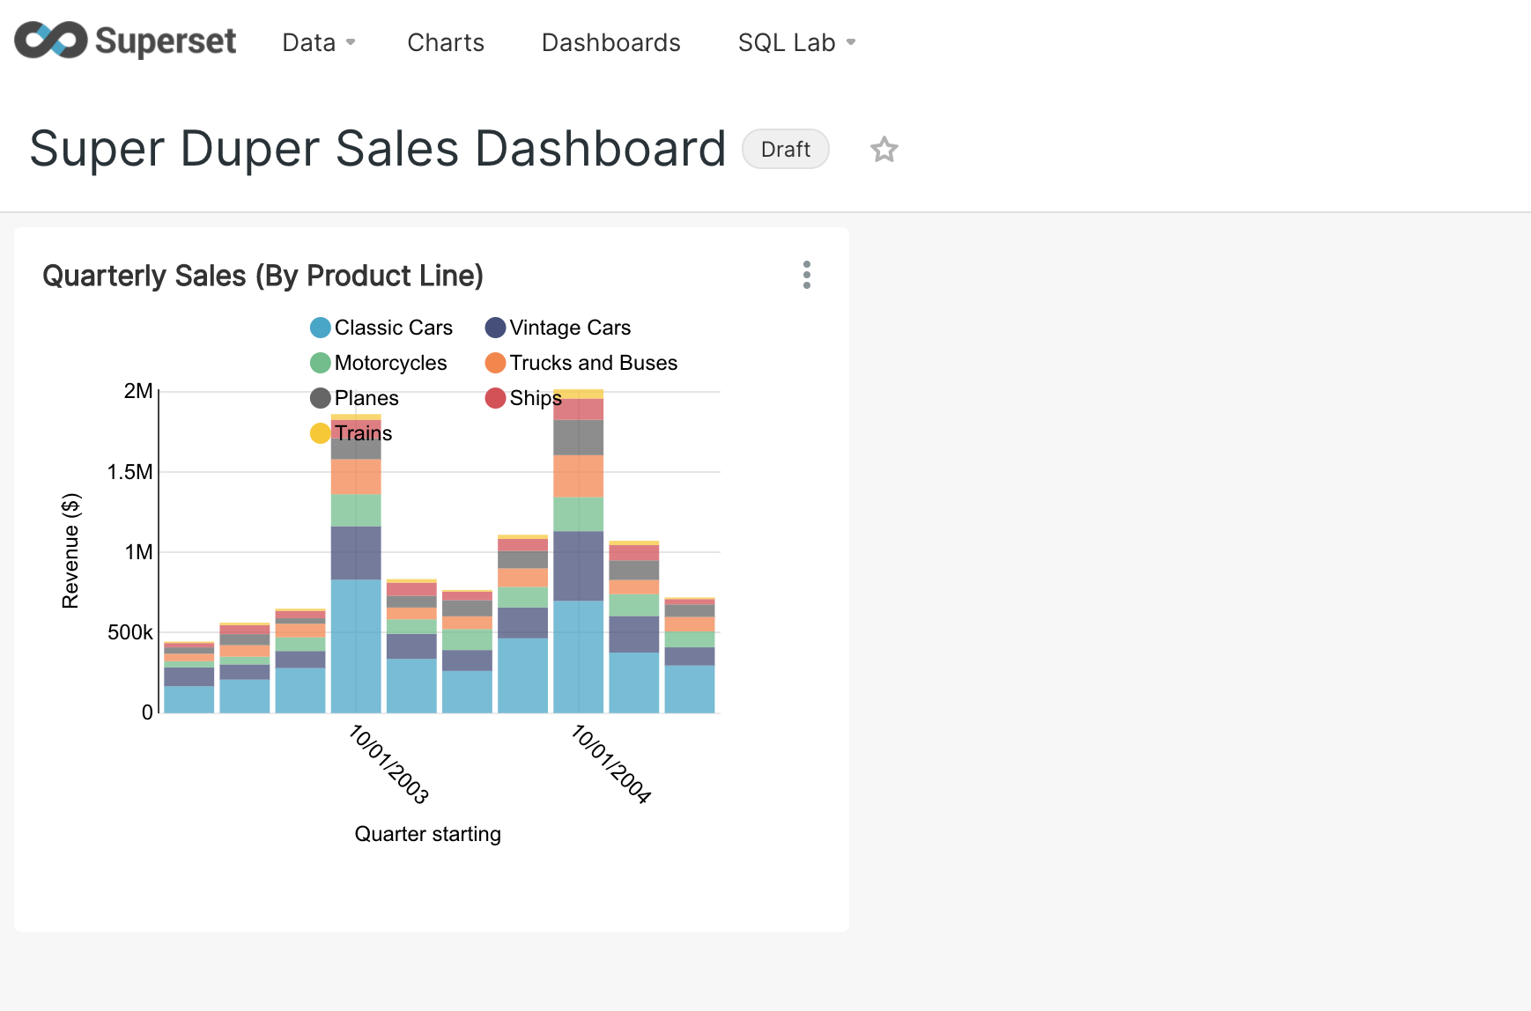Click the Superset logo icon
pyautogui.click(x=51, y=41)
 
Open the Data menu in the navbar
pyautogui.click(x=318, y=42)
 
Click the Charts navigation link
pyautogui.click(x=446, y=42)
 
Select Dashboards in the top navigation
pyautogui.click(x=610, y=42)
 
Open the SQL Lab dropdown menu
pyautogui.click(x=796, y=42)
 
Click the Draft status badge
pyautogui.click(x=785, y=150)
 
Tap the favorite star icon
pyautogui.click(x=884, y=150)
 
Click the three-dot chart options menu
pyautogui.click(x=806, y=275)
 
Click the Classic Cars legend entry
pyautogui.click(x=381, y=328)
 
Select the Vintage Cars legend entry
pyautogui.click(x=558, y=328)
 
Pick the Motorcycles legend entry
pyautogui.click(x=379, y=363)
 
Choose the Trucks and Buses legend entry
pyautogui.click(x=581, y=363)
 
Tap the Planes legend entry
pyautogui.click(x=355, y=398)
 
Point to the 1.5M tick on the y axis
pyautogui.click(x=130, y=472)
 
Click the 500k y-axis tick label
pyautogui.click(x=130, y=632)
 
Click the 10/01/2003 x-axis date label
pyautogui.click(x=388, y=764)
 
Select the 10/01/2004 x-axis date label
pyautogui.click(x=611, y=764)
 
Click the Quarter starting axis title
pyautogui.click(x=427, y=834)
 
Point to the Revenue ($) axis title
pyautogui.click(x=70, y=550)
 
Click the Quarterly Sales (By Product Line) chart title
pyautogui.click(x=263, y=276)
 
